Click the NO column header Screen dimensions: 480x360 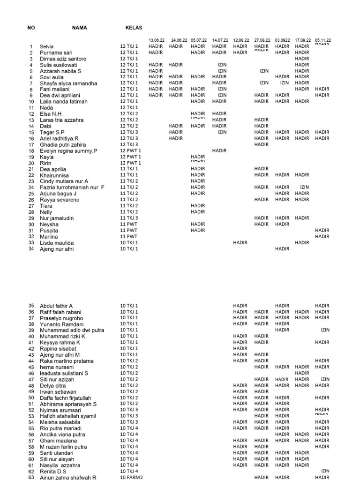[x=31, y=28]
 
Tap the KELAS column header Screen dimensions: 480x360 [x=134, y=28]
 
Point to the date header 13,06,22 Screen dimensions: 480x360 [x=156, y=40]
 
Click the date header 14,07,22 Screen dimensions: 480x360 [x=220, y=40]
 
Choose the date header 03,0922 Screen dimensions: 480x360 [x=282, y=40]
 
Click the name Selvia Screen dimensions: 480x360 [x=47, y=47]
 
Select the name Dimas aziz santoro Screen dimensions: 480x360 [x=63, y=59]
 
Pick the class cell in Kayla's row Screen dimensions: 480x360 [x=131, y=157]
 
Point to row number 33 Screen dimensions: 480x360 [x=31, y=242]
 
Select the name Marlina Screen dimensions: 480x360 [x=49, y=237]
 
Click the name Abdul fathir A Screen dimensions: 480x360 [x=56, y=306]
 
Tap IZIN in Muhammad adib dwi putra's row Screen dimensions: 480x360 [x=325, y=330]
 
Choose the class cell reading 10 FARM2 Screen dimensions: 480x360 [x=132, y=477]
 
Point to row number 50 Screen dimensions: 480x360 [x=31, y=397]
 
